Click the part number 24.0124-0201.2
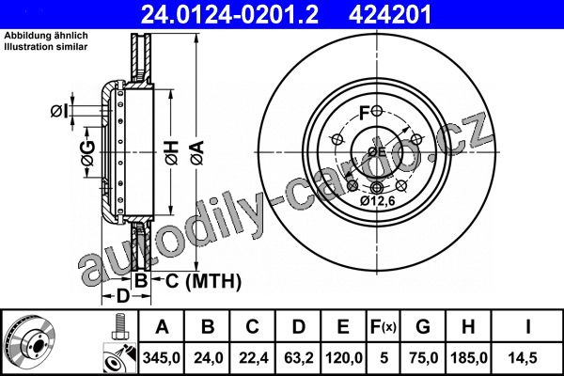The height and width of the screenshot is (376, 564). pos(229,15)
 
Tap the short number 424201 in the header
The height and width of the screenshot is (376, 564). pos(389,15)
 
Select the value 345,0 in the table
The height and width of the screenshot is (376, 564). pos(162,358)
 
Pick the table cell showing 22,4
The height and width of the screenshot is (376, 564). pos(253,358)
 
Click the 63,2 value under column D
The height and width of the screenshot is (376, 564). pos(299,358)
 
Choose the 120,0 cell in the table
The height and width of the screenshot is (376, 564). pos(344,358)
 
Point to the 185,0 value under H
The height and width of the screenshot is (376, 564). pos(469,358)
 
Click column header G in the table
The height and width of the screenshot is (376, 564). pos(423,327)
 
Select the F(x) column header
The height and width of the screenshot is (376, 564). pos(384,327)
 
